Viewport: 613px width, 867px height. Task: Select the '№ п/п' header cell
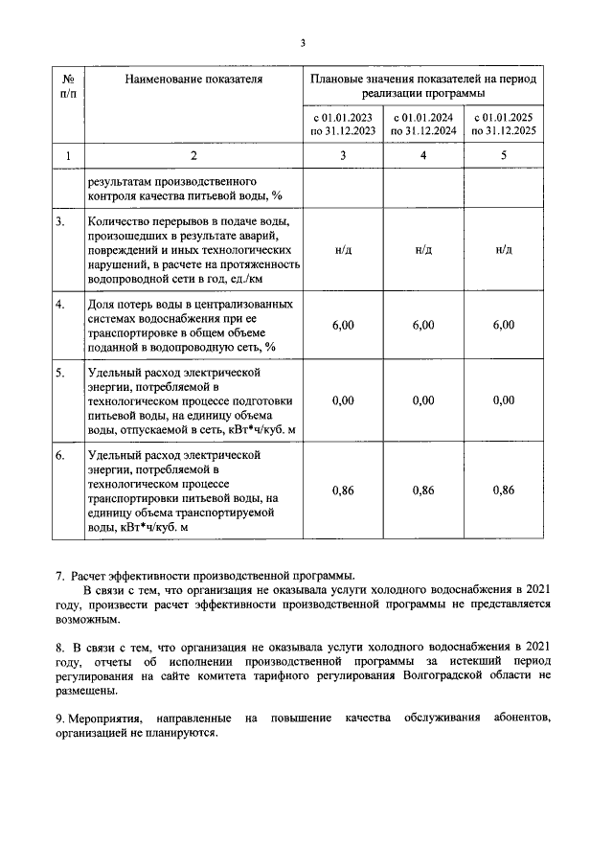pyautogui.click(x=67, y=86)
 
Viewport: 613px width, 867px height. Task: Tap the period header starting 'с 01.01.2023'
pyautogui.click(x=342, y=125)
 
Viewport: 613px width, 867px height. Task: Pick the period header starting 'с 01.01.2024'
pyautogui.click(x=422, y=125)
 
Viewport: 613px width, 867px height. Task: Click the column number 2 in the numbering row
pyautogui.click(x=193, y=155)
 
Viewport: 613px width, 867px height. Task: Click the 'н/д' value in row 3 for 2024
pyautogui.click(x=422, y=250)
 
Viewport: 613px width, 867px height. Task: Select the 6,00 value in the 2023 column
pyautogui.click(x=342, y=326)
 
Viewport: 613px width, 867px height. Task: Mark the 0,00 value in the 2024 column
pyautogui.click(x=422, y=401)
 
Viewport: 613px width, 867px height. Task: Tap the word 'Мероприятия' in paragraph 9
pyautogui.click(x=102, y=719)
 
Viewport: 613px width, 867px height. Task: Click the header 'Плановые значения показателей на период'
pyautogui.click(x=423, y=80)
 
